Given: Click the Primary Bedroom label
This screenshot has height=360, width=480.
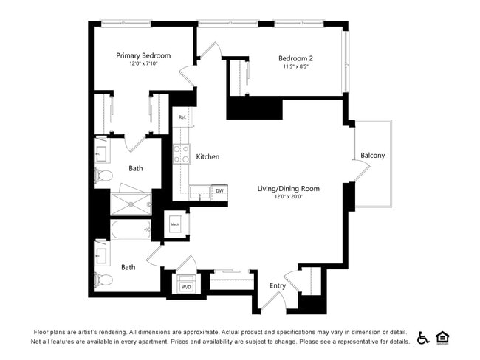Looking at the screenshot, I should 143,55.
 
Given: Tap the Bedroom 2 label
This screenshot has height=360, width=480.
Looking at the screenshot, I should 295,59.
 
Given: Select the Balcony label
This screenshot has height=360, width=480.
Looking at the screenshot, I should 373,156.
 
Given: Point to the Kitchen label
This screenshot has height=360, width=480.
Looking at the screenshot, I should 208,156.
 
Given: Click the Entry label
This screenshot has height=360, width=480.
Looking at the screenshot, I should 278,286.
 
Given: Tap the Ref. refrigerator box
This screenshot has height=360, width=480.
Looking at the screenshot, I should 182,117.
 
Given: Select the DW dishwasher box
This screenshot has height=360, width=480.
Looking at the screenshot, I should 219,192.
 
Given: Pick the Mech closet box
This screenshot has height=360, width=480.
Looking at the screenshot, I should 176,224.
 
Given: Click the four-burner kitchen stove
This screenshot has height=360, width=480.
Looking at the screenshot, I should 182,154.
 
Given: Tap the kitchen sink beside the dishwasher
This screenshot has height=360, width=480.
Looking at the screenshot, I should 198,193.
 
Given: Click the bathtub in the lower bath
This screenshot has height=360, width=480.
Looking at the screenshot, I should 131,230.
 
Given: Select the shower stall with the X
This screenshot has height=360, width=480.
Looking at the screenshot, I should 131,202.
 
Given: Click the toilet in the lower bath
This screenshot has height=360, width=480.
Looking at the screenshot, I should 103,279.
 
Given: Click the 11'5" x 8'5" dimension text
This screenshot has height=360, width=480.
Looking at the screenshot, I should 295,67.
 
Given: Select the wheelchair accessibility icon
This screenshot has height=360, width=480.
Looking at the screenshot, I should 424,337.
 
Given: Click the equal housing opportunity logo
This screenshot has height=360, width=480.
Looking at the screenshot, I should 443,337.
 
